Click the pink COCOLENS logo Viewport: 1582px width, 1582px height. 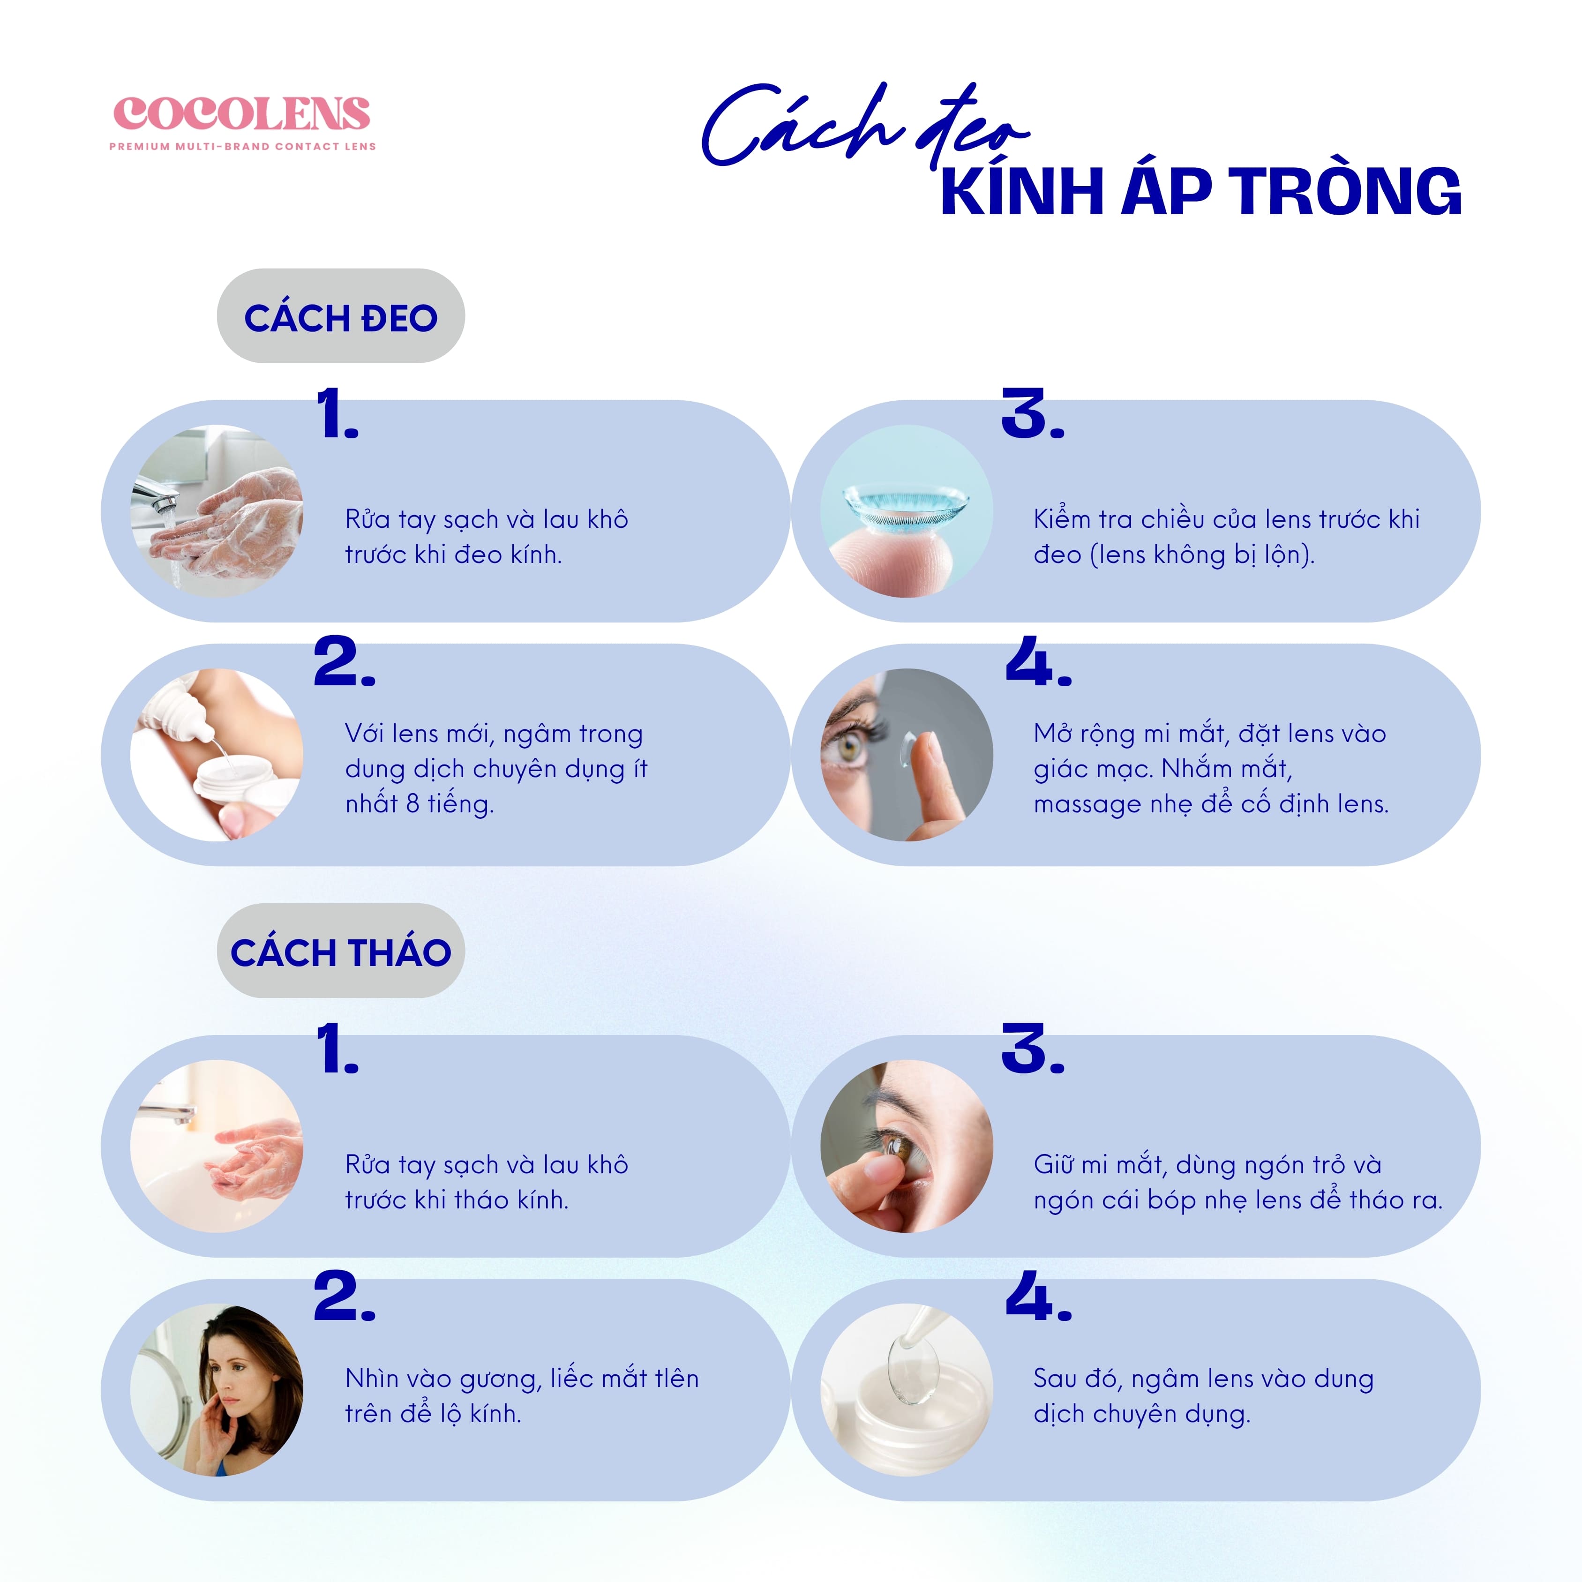241,114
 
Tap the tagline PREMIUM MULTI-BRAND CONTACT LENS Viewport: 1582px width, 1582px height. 242,147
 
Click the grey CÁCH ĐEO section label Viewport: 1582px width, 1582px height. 341,316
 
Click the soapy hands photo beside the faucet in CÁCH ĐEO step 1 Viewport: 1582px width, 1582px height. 217,511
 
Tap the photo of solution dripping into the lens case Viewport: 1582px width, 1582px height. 217,755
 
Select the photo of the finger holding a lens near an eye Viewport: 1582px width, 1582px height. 907,755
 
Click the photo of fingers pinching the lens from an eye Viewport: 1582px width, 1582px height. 907,1147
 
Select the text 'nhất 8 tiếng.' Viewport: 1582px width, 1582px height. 419,804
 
